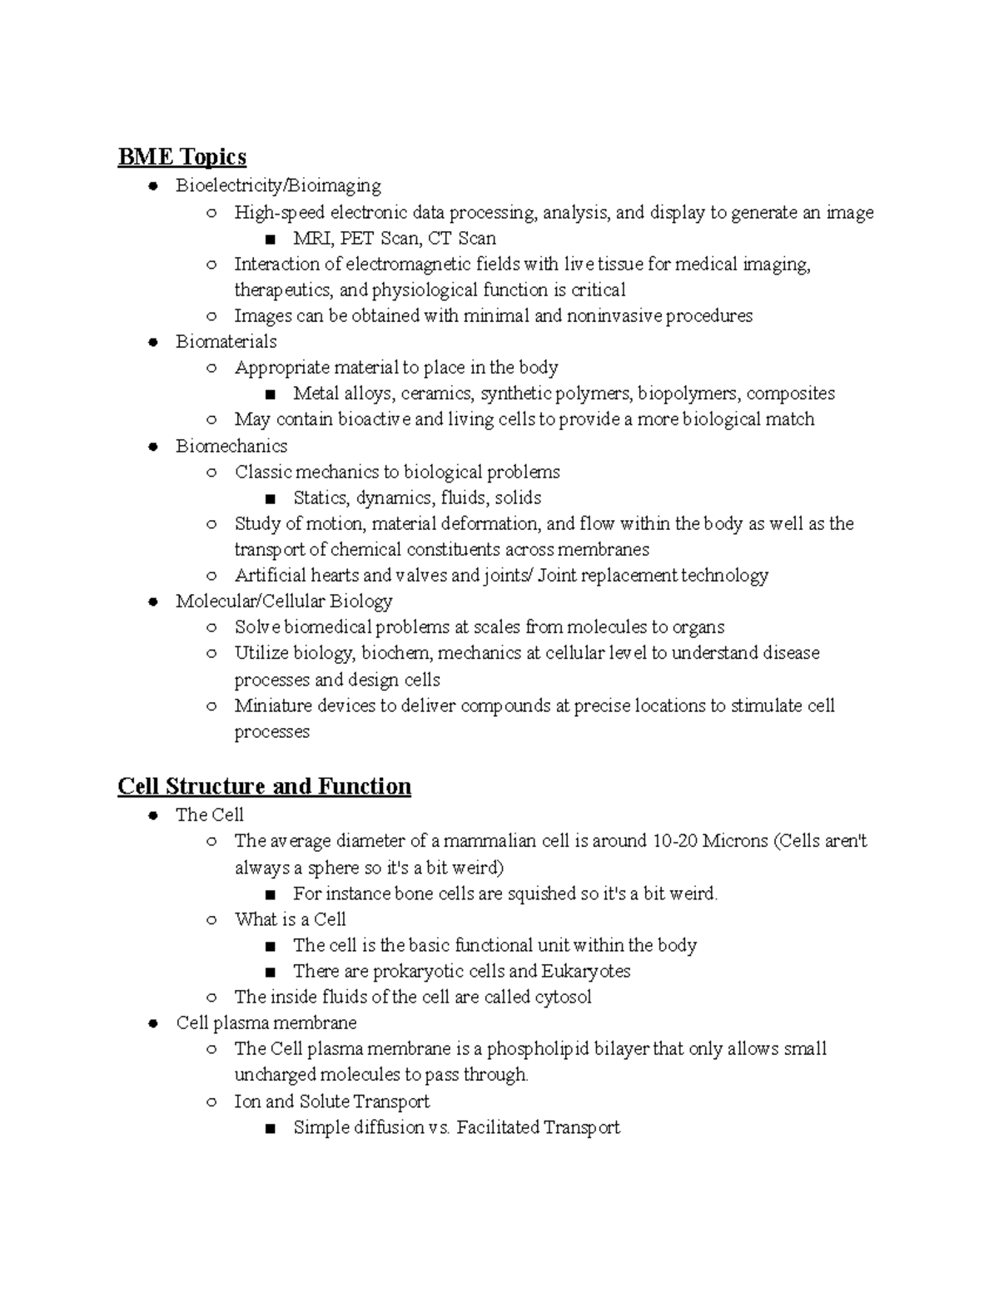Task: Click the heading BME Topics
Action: click(x=181, y=156)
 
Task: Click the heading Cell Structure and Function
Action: click(x=264, y=786)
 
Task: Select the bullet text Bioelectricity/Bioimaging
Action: click(x=278, y=186)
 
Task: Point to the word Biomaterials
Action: click(x=226, y=341)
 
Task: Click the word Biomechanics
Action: click(x=231, y=446)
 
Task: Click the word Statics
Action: click(x=320, y=498)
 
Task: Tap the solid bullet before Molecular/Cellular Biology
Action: click(x=153, y=601)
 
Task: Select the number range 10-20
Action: click(x=675, y=841)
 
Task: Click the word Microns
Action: click(x=735, y=841)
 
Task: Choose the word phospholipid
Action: click(x=538, y=1048)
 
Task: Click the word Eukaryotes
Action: click(x=585, y=971)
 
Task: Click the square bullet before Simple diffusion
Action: click(x=269, y=1129)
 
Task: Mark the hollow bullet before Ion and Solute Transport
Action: click(x=211, y=1102)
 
